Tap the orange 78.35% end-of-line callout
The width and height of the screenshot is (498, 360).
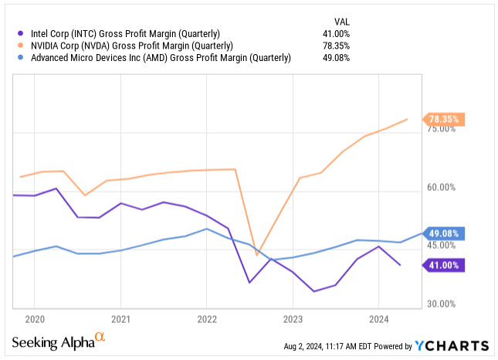442,120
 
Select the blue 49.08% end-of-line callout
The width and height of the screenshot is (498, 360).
442,233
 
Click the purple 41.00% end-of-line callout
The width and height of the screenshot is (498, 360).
442,265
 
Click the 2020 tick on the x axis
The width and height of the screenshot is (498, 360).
35,318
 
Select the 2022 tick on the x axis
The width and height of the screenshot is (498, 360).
207,318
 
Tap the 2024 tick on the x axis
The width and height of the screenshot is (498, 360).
378,318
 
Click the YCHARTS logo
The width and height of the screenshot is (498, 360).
452,345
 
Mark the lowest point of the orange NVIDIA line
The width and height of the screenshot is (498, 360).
258,253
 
